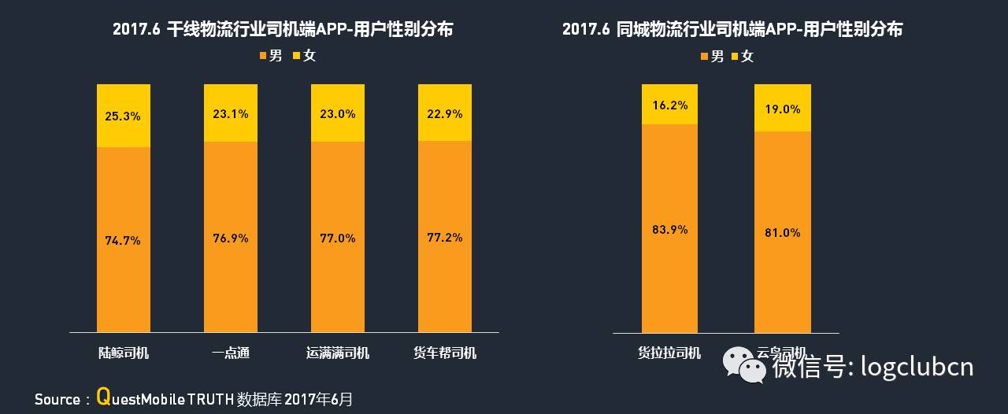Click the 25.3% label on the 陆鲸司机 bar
coord(123,116)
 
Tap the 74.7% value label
coord(123,240)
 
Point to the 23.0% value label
coord(337,113)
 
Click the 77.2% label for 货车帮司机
coord(444,237)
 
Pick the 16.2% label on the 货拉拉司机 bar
coord(669,104)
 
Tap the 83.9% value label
coord(669,229)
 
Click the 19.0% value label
coord(782,109)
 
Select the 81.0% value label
coord(782,232)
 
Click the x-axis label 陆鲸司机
coord(123,353)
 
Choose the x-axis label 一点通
coord(230,353)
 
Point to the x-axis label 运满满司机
coord(337,353)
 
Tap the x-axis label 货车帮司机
coord(444,353)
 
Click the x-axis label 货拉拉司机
coord(669,353)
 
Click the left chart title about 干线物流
coord(283,30)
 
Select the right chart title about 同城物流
coord(732,30)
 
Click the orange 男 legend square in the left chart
coord(262,56)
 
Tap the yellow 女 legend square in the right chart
coord(735,56)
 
